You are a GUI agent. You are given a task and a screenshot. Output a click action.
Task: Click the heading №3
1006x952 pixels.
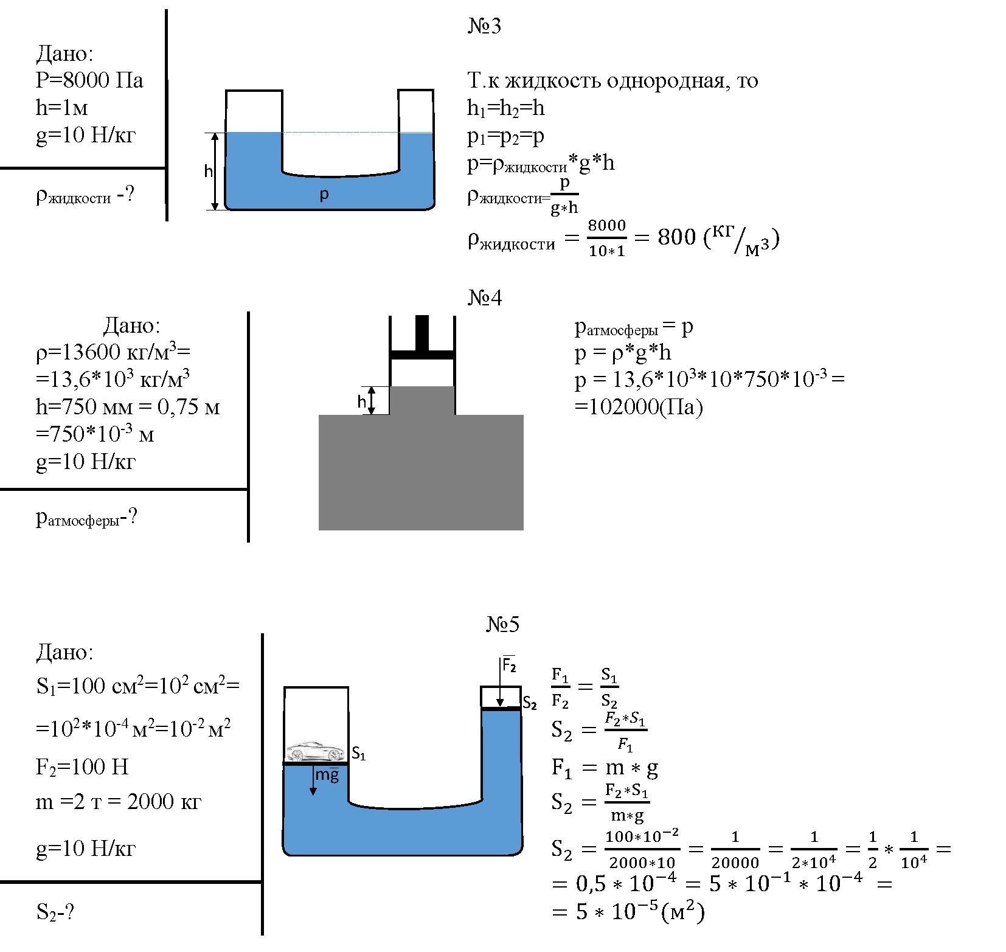click(484, 27)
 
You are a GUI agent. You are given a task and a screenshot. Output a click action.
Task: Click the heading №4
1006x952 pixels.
click(485, 298)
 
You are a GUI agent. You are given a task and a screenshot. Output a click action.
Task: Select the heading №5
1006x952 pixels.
click(502, 625)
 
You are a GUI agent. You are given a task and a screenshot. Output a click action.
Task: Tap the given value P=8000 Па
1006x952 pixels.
click(89, 80)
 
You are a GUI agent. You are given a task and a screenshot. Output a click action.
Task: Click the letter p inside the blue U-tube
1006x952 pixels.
click(324, 195)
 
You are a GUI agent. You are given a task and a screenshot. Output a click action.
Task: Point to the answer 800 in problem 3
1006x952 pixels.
click(676, 237)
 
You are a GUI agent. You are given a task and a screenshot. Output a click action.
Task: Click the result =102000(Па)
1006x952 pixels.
click(639, 407)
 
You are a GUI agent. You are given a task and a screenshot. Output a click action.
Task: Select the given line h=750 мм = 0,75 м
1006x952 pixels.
click(128, 406)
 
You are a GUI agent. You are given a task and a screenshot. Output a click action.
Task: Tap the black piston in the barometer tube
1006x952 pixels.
click(422, 352)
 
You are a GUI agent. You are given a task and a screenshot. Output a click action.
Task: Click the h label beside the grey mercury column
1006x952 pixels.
click(362, 401)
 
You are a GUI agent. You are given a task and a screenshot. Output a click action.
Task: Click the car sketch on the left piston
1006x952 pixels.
click(314, 751)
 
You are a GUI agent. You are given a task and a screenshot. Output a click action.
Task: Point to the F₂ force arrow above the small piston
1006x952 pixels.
click(499, 681)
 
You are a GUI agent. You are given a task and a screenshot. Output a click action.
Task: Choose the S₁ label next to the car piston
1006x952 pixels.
click(359, 754)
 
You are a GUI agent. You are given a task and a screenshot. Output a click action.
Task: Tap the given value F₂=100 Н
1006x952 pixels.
click(82, 767)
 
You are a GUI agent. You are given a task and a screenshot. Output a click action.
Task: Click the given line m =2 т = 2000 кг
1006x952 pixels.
click(118, 802)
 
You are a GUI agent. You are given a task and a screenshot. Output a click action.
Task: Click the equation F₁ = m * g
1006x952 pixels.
click(605, 768)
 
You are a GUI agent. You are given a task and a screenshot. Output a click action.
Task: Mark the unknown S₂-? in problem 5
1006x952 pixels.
click(55, 912)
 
